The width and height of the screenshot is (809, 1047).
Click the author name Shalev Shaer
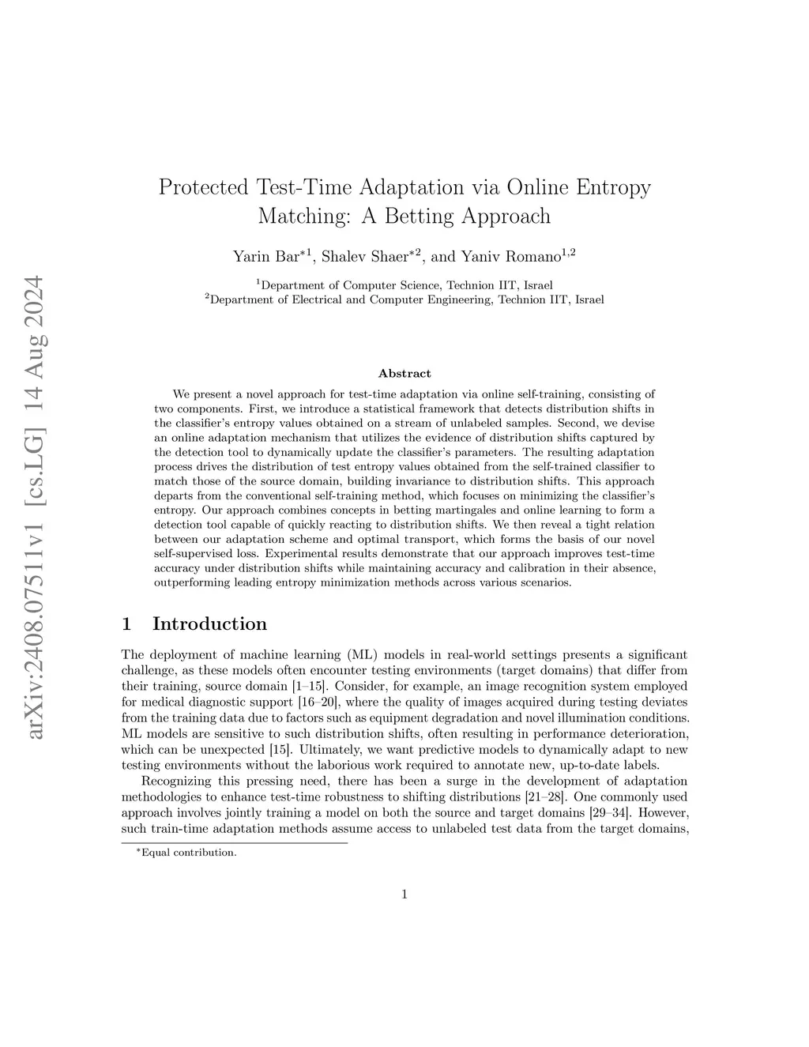pyautogui.click(x=371, y=256)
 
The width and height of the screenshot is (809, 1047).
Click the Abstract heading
pyautogui.click(x=404, y=373)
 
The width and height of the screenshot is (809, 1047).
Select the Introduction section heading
pyautogui.click(x=209, y=623)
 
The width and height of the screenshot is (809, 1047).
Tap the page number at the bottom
pyautogui.click(x=404, y=894)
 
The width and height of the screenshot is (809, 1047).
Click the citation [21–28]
pyautogui.click(x=538, y=797)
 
